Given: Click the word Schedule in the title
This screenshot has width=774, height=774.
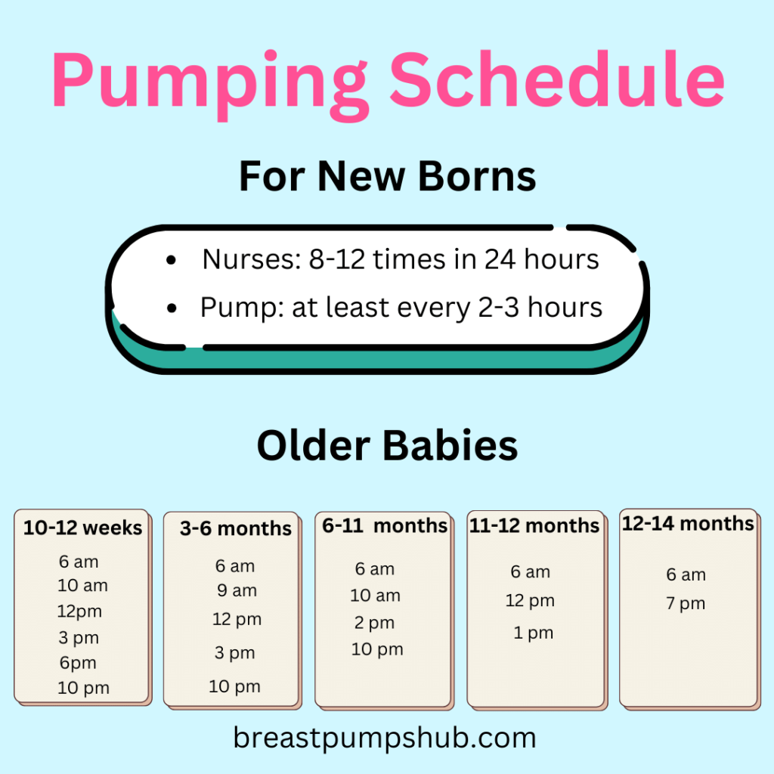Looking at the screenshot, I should tap(557, 82).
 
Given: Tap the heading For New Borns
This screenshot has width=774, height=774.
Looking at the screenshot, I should tap(387, 176).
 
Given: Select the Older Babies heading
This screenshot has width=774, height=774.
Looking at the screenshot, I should tap(387, 445).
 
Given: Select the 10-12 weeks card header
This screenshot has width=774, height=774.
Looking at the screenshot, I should tap(82, 528).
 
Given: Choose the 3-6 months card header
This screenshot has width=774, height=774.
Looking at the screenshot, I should tap(235, 528).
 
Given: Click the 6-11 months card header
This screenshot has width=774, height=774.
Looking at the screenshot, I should tap(385, 525).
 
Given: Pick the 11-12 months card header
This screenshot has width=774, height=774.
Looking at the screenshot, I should tap(534, 525).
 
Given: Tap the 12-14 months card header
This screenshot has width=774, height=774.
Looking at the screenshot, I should tap(688, 523).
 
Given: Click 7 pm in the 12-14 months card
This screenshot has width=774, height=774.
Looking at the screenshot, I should tap(686, 603).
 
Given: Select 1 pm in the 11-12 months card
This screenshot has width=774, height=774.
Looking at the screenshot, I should tap(534, 633).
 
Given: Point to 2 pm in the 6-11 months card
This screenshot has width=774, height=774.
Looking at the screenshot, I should tap(374, 623).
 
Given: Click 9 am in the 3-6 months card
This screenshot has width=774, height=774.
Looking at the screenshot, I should tap(237, 590).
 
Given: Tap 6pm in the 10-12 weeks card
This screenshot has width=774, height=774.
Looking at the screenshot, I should tap(78, 663).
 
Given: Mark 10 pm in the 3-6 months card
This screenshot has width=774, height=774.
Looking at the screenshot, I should tap(234, 686).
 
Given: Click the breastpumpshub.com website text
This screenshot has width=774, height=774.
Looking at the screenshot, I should tap(385, 738).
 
